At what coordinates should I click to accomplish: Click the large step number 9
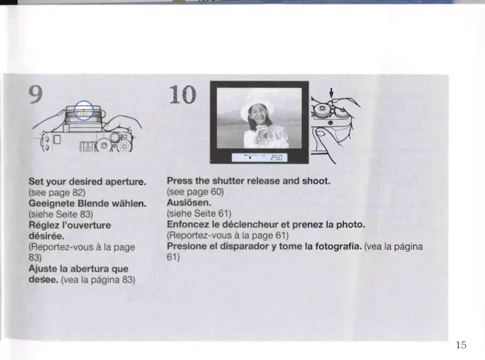[x=36, y=94]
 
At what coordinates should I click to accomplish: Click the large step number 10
[x=183, y=94]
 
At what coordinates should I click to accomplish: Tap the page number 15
[x=461, y=345]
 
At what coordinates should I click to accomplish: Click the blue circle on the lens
[x=84, y=101]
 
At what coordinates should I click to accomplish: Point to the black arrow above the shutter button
[x=331, y=93]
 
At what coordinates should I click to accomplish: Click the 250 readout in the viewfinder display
[x=276, y=158]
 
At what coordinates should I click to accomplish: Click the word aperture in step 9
[x=125, y=182]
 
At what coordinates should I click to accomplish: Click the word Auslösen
[x=189, y=203]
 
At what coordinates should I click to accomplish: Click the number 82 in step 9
[x=77, y=192]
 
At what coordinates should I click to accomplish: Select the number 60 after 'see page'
[x=216, y=192]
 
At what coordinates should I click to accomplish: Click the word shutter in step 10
[x=228, y=181]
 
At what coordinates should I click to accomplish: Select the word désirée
[x=47, y=236]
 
